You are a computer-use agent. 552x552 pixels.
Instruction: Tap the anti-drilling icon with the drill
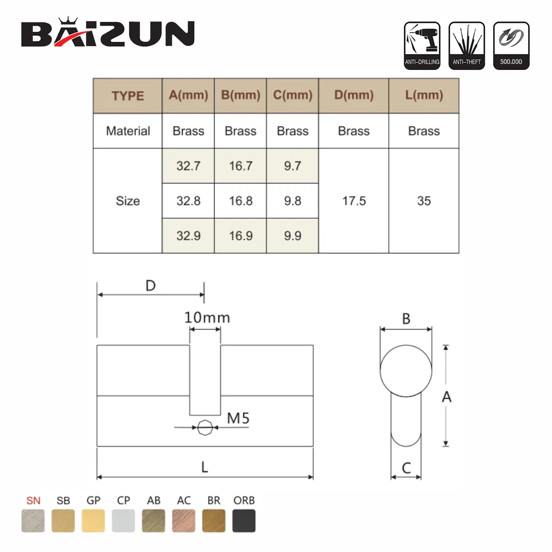coord(422,45)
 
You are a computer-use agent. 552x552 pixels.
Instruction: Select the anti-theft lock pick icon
coord(466,45)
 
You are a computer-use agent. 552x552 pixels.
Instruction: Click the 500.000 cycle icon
coord(511,45)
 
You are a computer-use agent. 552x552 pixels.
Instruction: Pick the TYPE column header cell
coord(128,96)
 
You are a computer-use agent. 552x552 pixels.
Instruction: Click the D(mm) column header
coord(354,95)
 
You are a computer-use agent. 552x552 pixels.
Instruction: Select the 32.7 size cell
coord(188,166)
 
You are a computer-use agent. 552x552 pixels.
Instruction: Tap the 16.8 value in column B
coord(240,201)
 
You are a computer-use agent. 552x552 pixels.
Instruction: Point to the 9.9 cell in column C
coord(292,236)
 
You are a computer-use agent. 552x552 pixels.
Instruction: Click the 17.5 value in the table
coord(354,201)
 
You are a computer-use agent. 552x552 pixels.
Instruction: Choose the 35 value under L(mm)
coord(424,201)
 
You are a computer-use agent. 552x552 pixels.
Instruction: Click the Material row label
coord(128,131)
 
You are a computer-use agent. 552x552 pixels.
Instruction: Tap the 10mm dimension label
coord(207,317)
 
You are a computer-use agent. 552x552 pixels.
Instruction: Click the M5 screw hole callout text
coord(238,418)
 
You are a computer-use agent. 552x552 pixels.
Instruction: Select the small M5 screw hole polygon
coord(205,427)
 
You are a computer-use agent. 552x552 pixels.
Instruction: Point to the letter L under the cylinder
coord(204,467)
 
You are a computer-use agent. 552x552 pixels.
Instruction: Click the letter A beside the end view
coord(447,396)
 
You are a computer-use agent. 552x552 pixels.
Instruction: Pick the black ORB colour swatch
coord(244,521)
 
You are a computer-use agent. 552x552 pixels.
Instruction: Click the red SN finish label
coord(33,500)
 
